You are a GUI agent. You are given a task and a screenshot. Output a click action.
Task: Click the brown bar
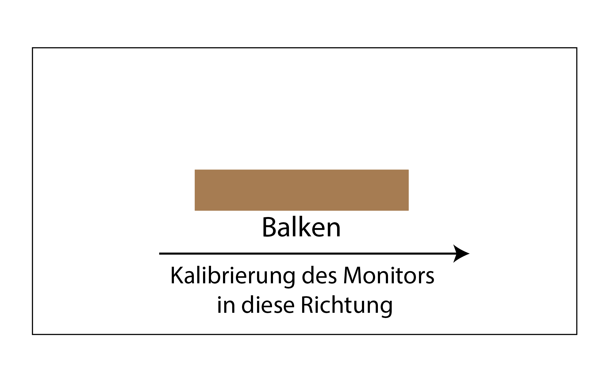[x=302, y=190]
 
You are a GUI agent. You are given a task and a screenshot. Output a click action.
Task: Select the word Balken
[x=301, y=227]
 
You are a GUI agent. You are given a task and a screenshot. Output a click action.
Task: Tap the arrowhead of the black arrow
[x=463, y=254]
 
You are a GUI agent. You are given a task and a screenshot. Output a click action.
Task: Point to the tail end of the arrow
[x=160, y=254]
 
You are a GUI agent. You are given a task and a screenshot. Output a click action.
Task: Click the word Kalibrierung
[x=233, y=276]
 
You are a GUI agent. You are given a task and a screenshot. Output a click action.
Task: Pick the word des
[x=319, y=276]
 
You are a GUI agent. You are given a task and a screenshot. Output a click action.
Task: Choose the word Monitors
[x=389, y=276]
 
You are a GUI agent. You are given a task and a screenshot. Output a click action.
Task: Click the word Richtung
[x=347, y=305]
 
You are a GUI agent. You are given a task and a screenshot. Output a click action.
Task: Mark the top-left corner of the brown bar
[x=195, y=170]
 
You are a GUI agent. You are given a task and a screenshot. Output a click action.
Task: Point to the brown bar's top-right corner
[x=408, y=170]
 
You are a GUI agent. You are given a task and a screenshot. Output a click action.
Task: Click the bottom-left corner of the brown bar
[x=195, y=210]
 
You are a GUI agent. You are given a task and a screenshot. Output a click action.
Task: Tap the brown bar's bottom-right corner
[x=408, y=210]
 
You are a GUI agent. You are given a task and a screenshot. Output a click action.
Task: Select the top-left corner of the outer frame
[x=33, y=48]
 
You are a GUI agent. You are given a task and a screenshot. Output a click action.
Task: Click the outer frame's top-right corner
[x=577, y=48]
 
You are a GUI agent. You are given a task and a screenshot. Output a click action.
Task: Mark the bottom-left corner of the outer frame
[x=33, y=334]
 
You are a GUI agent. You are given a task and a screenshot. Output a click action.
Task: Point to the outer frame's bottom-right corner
[x=577, y=334]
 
